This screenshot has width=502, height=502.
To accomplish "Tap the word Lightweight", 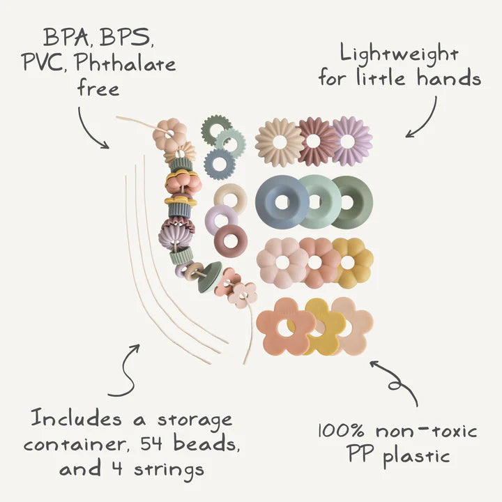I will click(400, 54).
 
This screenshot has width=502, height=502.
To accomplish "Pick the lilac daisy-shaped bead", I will click(351, 141).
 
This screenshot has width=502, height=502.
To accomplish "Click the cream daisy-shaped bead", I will click(279, 142).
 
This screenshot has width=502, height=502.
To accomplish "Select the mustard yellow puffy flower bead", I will click(351, 261).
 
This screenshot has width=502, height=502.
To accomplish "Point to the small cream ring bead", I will click(230, 198).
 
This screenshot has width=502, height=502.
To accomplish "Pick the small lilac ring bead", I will click(221, 220).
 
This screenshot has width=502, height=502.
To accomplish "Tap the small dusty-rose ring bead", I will click(230, 241).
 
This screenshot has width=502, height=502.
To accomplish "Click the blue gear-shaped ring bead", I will click(220, 164).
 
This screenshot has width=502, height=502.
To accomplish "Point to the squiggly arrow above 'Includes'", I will click(124, 370).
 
